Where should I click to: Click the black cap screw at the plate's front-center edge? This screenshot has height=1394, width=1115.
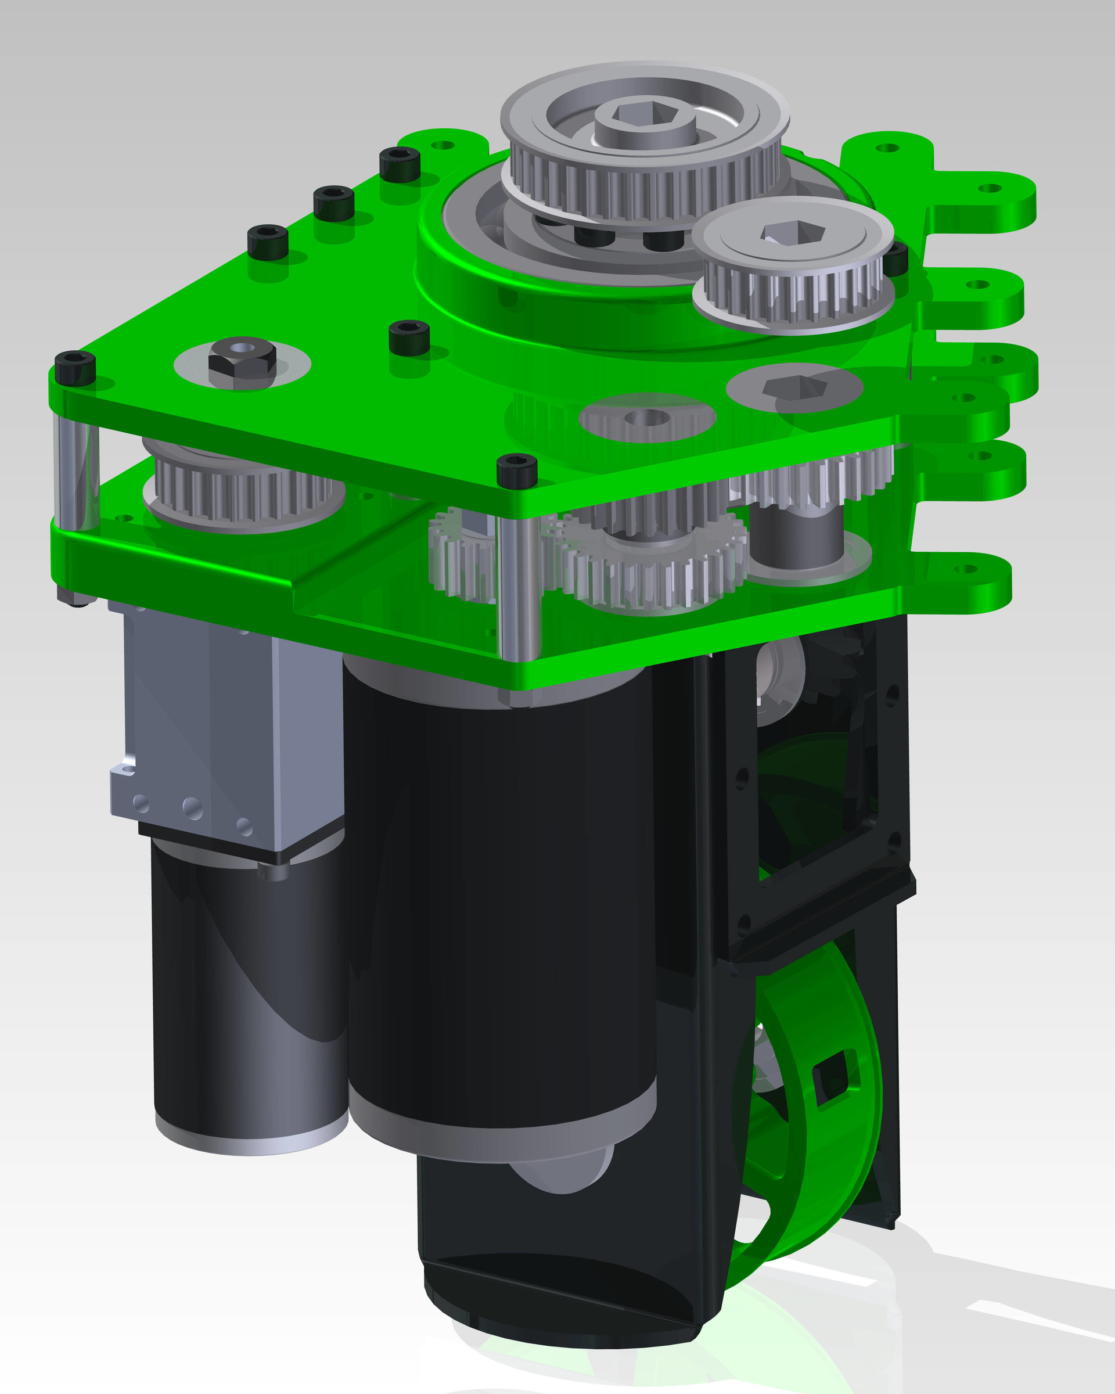tap(516, 470)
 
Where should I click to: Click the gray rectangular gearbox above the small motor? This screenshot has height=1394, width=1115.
tap(226, 731)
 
